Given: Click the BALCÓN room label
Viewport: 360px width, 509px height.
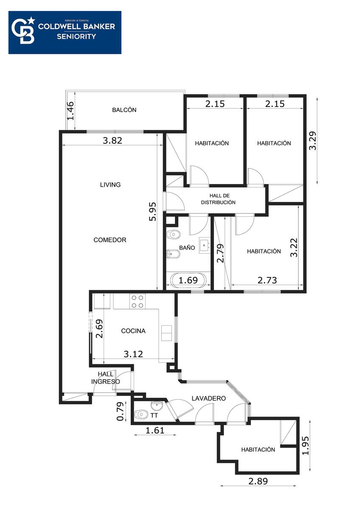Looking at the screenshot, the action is pos(124,110).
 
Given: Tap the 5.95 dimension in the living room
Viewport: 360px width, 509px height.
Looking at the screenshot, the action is pos(152,212).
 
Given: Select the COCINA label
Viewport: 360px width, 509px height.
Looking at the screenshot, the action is pos(133,331).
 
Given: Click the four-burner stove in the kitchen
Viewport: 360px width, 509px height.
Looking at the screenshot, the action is pos(138,301).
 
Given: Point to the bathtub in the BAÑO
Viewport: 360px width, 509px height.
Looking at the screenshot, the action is pos(188,280).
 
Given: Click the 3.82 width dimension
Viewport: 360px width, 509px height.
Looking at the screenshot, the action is pos(112,140).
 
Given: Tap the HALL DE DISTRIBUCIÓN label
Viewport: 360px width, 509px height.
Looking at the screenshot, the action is pos(218,199).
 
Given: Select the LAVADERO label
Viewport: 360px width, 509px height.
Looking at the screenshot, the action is pos(208,398).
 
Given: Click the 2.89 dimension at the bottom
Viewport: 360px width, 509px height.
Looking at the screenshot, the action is pos(258,481).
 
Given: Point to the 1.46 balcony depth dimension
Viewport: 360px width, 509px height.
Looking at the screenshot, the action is pos(70,110).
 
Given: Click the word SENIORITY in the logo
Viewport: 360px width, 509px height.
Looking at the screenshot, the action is pos(76,36).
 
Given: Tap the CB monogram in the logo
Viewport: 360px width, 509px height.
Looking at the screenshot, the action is pos(23,31).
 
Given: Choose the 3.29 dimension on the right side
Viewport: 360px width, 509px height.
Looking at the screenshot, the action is pos(312,141).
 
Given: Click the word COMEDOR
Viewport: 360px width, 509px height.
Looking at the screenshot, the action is pos(110,240).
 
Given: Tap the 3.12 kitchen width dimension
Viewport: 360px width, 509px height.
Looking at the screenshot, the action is pos(133,354).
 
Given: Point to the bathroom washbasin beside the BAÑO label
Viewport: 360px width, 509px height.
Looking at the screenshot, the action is pos(205,245).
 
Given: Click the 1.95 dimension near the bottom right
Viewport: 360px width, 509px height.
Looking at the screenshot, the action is pos(306,446).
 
